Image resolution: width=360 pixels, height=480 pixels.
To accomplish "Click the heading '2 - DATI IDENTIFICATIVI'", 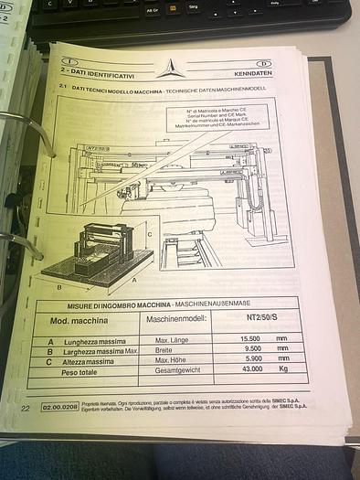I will tap(97, 73).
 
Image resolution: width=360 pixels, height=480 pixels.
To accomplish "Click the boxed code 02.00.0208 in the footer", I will tap(58, 404).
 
